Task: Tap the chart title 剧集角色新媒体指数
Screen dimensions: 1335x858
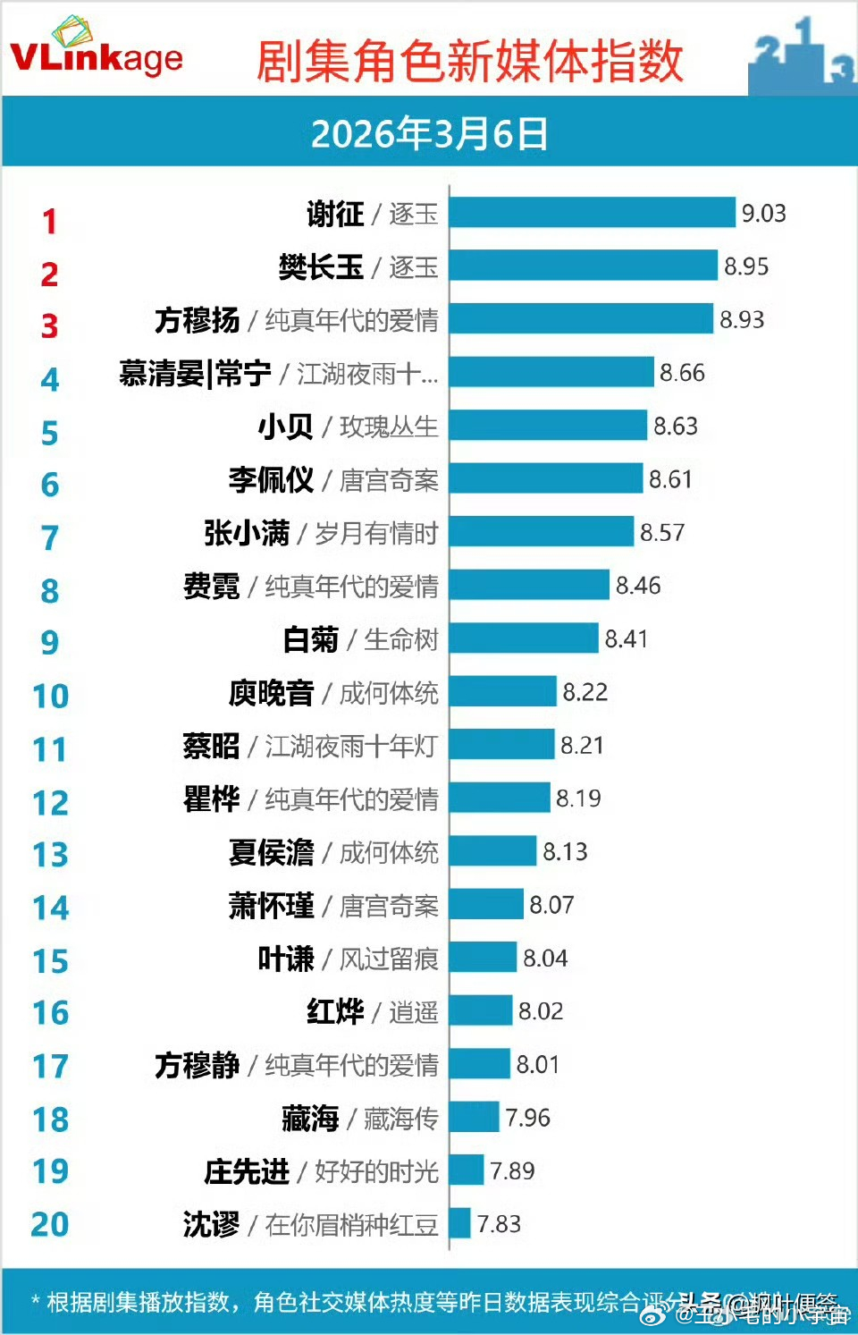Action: (470, 61)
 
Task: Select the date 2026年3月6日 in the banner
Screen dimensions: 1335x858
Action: (429, 134)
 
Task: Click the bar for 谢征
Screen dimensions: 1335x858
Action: (592, 213)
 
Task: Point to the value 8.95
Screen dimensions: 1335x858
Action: (745, 266)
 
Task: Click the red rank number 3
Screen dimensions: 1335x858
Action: (49, 326)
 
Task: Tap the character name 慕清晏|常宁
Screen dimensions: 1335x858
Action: (195, 373)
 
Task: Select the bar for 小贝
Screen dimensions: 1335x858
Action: (548, 426)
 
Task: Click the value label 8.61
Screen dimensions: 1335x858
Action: (670, 479)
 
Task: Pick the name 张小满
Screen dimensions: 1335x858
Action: (246, 533)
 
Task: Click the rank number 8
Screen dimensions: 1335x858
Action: (49, 591)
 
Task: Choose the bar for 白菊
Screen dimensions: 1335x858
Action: (524, 638)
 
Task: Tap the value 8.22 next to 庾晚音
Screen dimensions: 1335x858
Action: (585, 692)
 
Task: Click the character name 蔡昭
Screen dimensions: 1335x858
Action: (211, 745)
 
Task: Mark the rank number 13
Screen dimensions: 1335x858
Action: (50, 855)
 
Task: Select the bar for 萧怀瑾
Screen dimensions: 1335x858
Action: (486, 904)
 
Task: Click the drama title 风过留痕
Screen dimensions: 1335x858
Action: (389, 959)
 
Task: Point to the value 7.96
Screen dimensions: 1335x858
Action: (527, 1118)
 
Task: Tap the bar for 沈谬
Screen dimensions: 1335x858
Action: (460, 1223)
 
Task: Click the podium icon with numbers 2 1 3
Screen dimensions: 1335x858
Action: (801, 55)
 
